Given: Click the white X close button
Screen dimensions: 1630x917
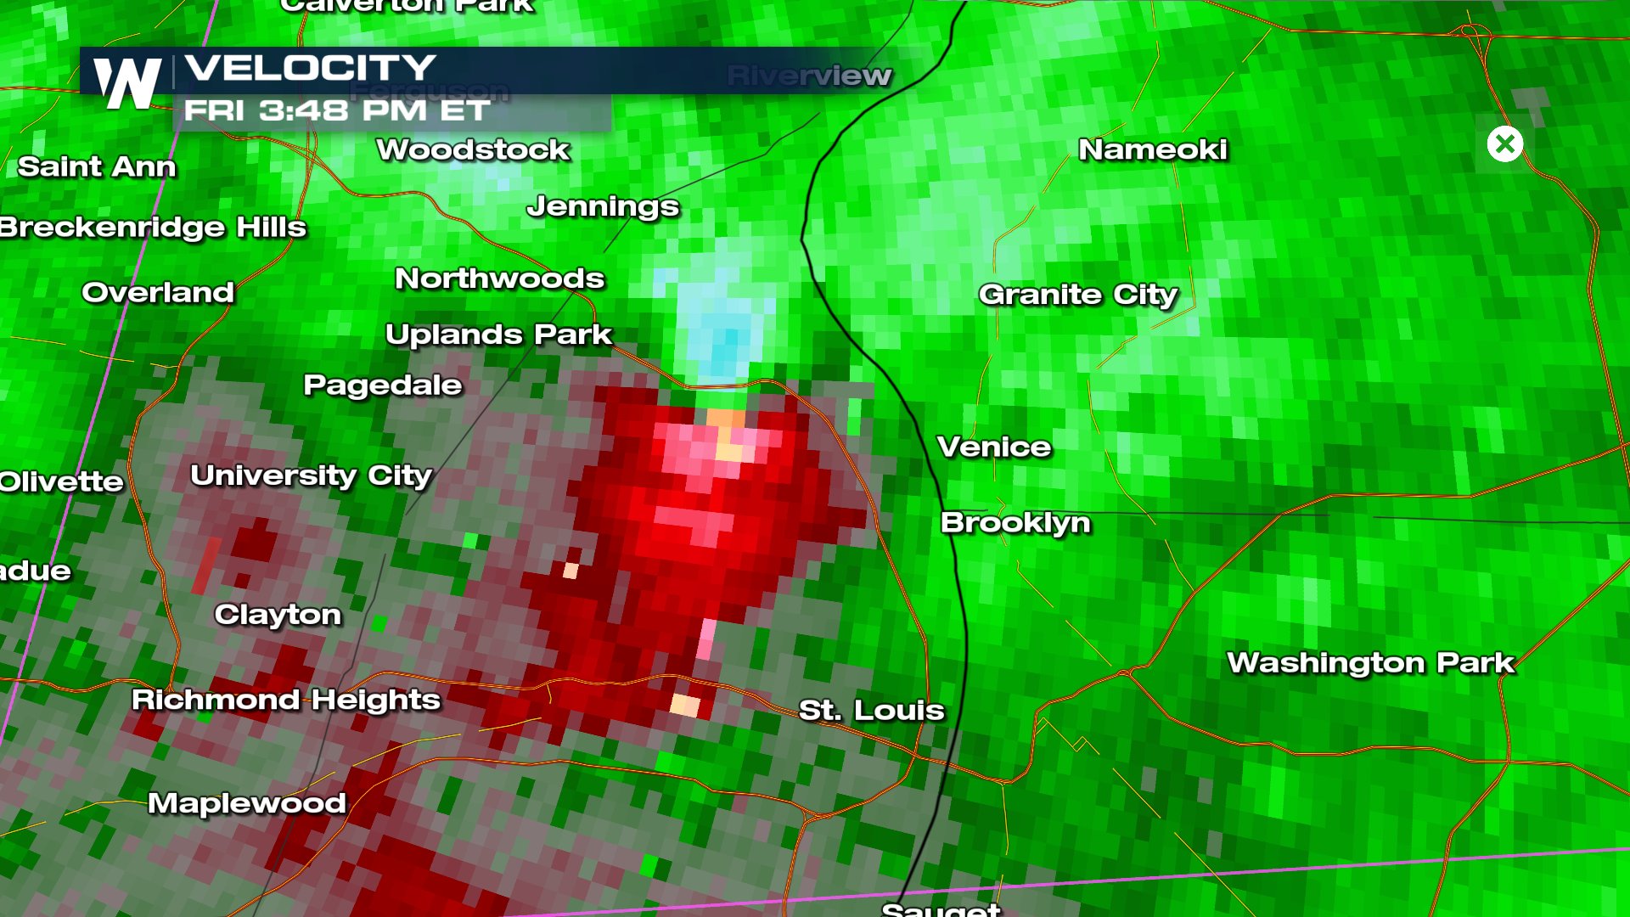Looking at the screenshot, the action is coord(1505,144).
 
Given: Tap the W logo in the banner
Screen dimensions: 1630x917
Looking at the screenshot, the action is coord(127,83).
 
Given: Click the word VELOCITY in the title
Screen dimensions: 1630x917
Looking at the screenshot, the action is coord(310,68).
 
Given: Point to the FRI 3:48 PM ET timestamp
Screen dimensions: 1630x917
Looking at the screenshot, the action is coord(336,110).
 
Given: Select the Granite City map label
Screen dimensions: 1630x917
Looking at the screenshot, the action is coord(1078,295).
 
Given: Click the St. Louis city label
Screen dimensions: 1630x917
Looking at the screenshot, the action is coord(871,710).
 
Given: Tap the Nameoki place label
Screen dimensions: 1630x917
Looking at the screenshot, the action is coord(1153,149).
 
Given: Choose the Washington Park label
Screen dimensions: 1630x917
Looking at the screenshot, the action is coord(1370,662).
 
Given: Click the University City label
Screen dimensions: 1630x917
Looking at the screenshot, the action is coord(311,475).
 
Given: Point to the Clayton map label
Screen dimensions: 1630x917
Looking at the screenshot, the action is coord(278,614).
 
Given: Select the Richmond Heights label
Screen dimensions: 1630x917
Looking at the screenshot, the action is coord(286,700).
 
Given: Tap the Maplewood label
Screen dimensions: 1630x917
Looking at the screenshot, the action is coord(246,803).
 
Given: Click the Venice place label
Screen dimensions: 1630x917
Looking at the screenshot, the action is coord(993,447).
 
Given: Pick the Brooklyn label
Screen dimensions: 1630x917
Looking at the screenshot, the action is coord(1015,522).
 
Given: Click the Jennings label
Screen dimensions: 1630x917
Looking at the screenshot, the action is coord(603,206).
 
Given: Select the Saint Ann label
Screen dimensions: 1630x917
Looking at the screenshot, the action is coord(97,166).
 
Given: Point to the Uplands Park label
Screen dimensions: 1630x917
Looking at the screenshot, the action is coord(498,335).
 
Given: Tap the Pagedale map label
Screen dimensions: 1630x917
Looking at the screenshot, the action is coord(383,385).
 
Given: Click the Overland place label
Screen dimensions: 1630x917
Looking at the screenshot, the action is coord(158,292).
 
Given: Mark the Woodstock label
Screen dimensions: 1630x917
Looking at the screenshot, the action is coord(473,149).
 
